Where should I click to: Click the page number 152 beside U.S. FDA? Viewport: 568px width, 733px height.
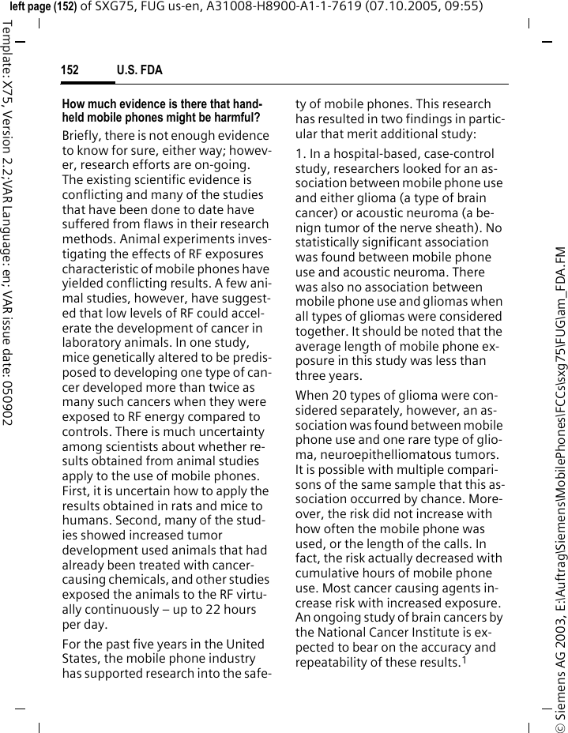[70, 70]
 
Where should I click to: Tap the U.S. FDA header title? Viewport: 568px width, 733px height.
[139, 70]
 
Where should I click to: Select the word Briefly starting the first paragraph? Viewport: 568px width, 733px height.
[83, 135]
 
